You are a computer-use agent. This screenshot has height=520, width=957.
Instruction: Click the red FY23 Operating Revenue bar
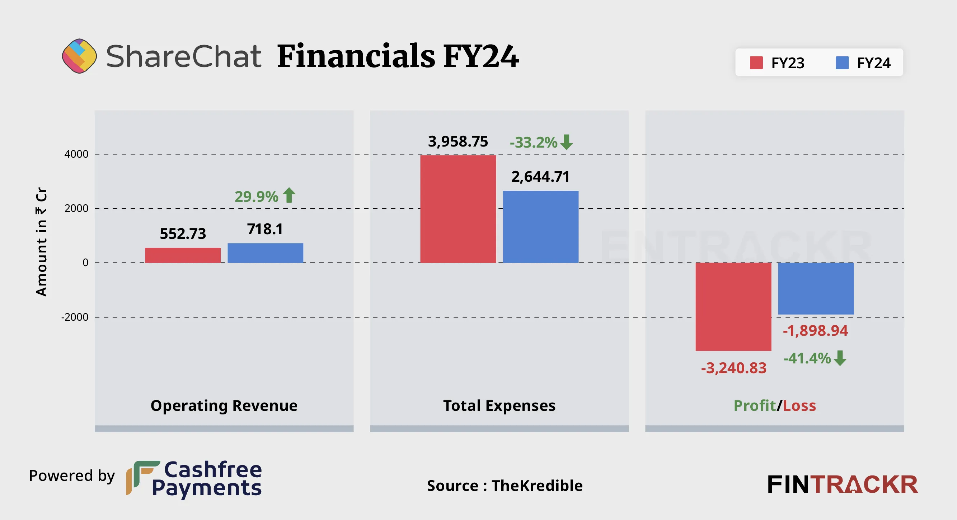click(182, 255)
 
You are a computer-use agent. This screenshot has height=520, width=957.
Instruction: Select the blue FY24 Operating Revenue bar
click(265, 253)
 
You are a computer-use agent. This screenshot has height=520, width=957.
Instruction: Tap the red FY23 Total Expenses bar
click(458, 209)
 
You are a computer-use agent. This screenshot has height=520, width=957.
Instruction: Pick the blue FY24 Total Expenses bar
click(540, 226)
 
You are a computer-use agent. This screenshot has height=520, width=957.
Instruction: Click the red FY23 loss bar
click(733, 306)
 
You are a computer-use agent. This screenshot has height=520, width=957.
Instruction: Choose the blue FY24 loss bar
click(816, 288)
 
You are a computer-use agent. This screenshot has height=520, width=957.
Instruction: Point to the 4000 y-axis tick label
click(76, 154)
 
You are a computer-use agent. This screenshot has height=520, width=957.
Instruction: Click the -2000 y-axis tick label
click(75, 317)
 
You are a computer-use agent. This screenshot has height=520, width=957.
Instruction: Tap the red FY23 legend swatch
click(756, 63)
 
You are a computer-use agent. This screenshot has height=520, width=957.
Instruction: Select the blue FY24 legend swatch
click(842, 63)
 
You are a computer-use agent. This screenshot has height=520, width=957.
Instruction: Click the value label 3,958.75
click(458, 141)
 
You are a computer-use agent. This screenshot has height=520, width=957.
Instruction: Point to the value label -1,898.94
click(815, 330)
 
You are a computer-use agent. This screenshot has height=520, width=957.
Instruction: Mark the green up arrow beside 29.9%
click(289, 195)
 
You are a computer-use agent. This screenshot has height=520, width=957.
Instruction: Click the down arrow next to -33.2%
click(567, 142)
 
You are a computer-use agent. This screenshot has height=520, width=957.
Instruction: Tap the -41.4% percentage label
click(807, 358)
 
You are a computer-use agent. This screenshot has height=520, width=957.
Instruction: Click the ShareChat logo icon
click(79, 56)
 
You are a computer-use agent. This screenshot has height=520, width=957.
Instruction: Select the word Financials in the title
click(356, 56)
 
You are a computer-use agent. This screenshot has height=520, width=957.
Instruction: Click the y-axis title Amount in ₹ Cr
click(41, 242)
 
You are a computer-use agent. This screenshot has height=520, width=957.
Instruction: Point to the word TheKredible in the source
click(537, 486)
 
